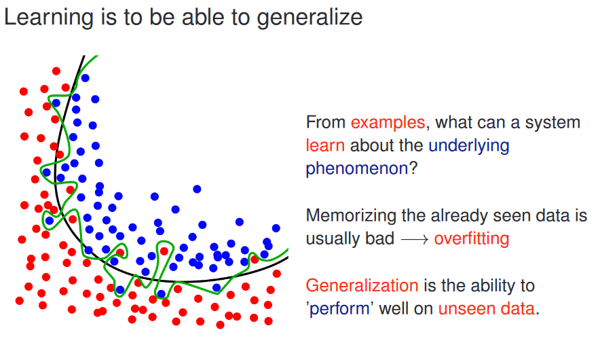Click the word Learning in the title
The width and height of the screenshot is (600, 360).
pyautogui.click(x=49, y=18)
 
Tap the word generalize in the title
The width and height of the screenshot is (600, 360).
pyautogui.click(x=310, y=18)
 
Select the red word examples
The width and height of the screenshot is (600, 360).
pyautogui.click(x=388, y=123)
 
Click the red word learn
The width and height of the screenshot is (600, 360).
pyautogui.click(x=325, y=145)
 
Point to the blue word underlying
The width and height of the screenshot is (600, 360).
pyautogui.click(x=469, y=146)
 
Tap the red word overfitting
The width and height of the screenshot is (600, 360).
pyautogui.click(x=472, y=239)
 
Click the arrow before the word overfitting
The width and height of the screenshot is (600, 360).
pyautogui.click(x=415, y=240)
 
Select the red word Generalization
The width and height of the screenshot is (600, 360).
pyautogui.click(x=362, y=286)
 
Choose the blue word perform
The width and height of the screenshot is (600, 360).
pyautogui.click(x=339, y=309)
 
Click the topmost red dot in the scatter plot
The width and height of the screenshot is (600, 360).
pyautogui.click(x=56, y=71)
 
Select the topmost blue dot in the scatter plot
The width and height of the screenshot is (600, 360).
pyautogui.click(x=85, y=78)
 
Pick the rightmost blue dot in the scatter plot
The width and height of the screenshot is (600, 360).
pyautogui.click(x=276, y=228)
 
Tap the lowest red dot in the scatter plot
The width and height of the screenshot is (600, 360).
pyautogui.click(x=220, y=325)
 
